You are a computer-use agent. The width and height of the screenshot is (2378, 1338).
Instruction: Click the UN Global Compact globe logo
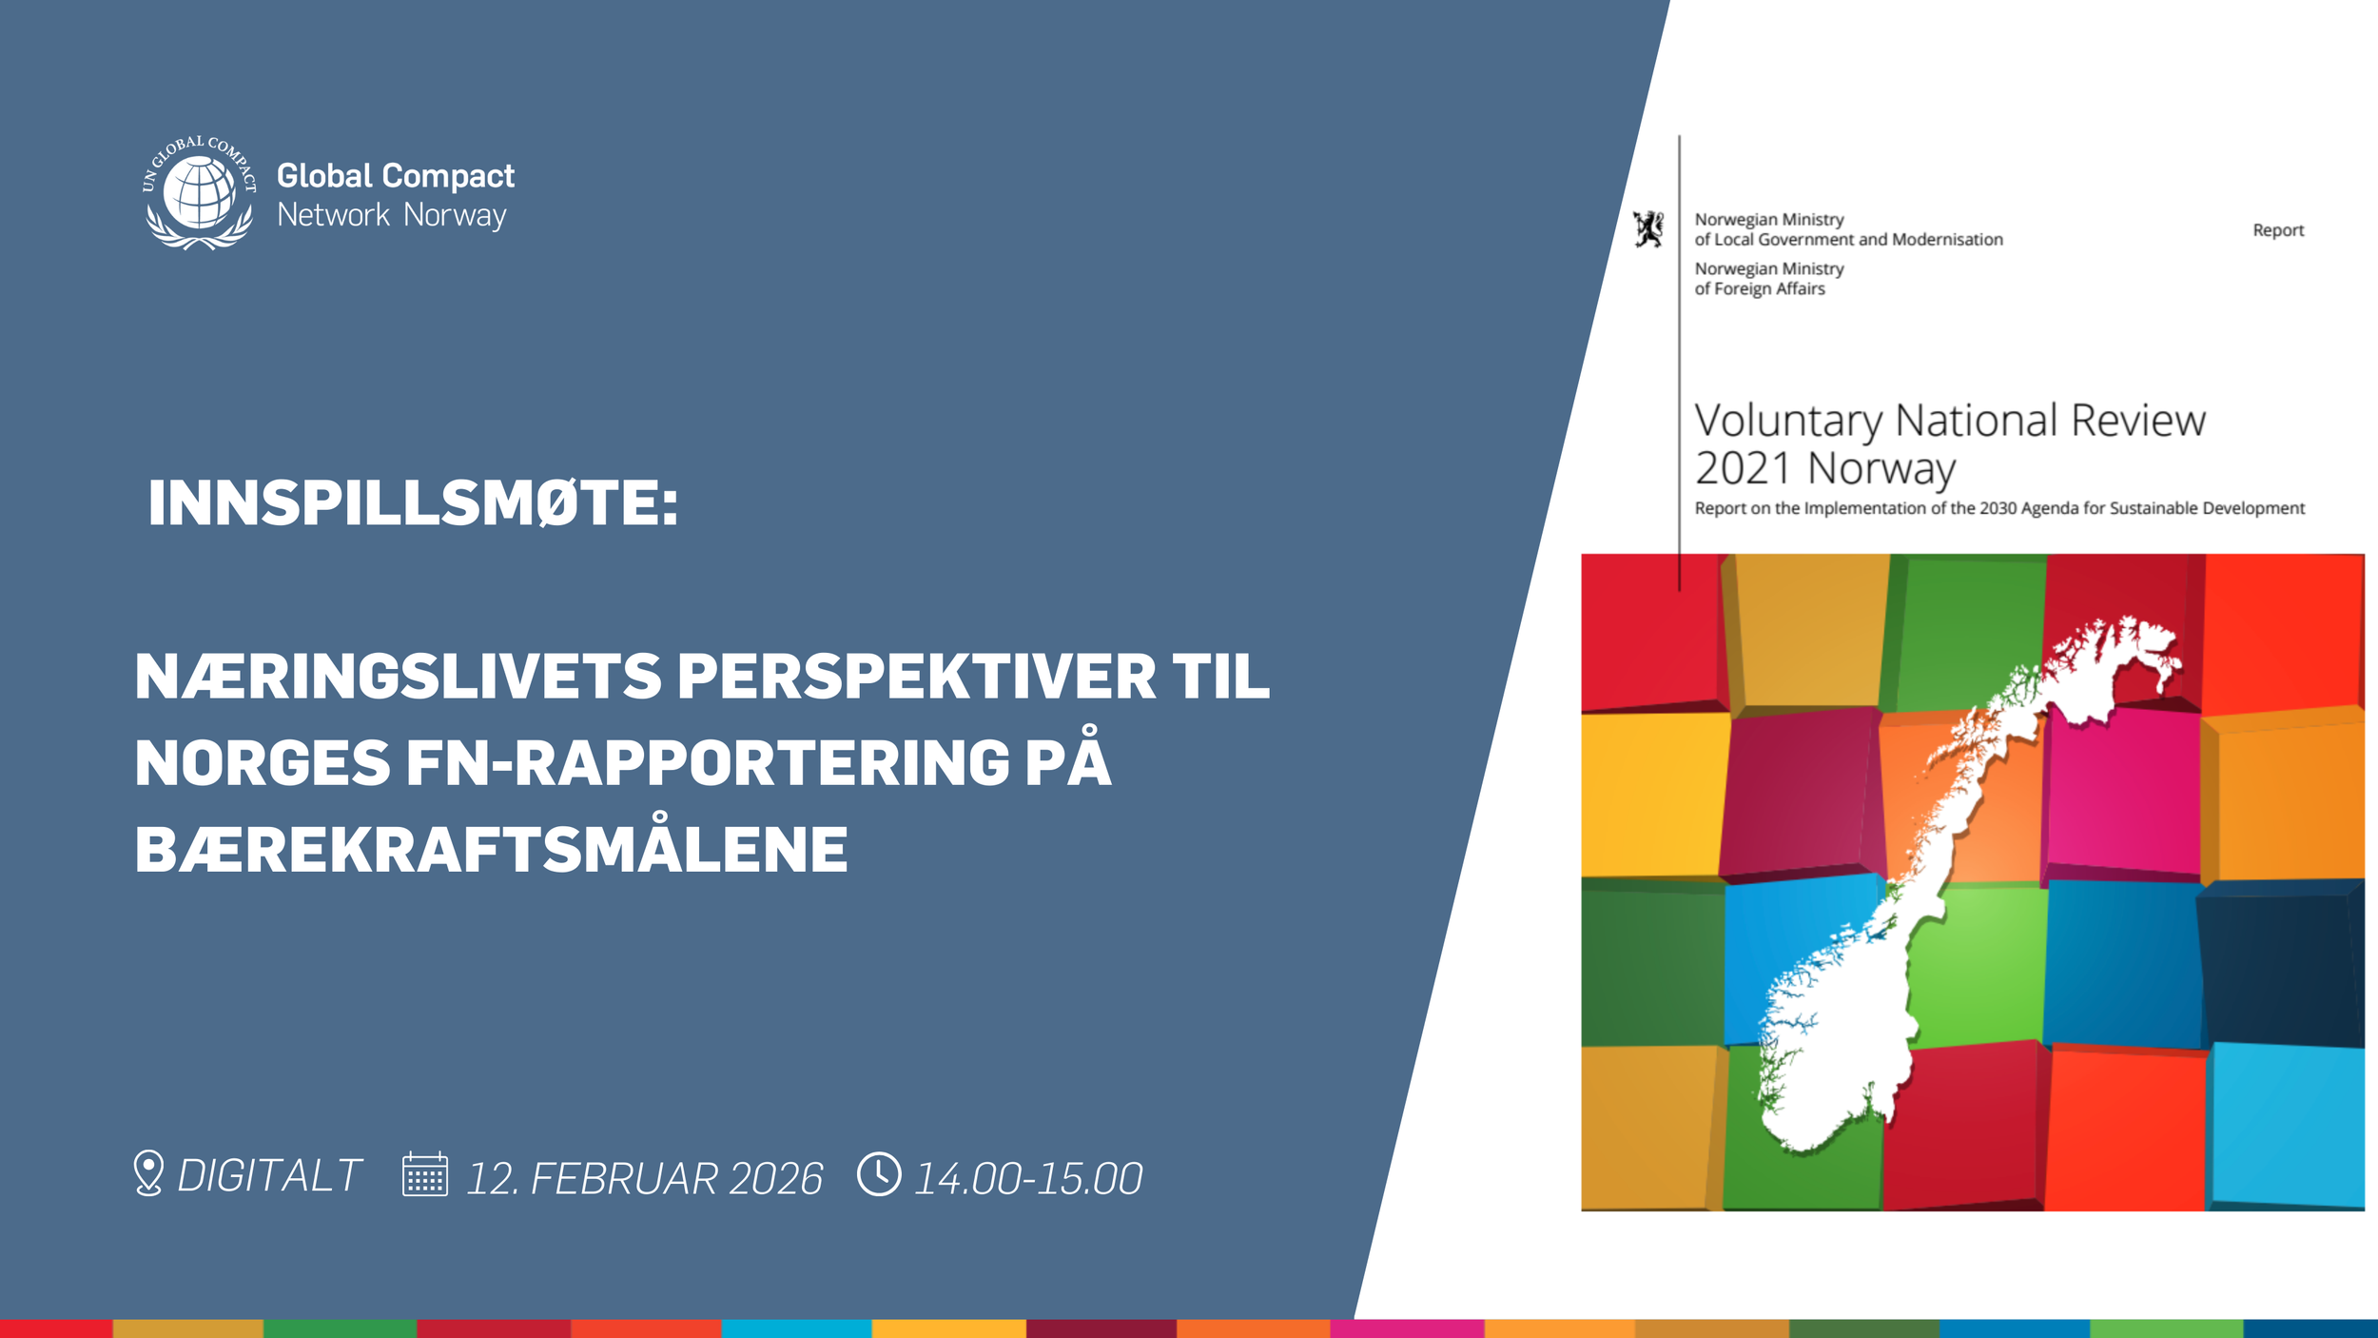click(200, 193)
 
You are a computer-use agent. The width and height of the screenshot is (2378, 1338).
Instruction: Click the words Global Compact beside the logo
click(395, 176)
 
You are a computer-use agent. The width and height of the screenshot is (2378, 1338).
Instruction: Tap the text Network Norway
click(391, 215)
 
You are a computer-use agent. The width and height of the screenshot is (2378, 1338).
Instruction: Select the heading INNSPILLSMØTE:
click(413, 502)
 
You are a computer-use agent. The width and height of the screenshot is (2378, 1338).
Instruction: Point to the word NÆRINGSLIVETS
click(398, 677)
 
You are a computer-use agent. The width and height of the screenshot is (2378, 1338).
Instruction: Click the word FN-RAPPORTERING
click(707, 763)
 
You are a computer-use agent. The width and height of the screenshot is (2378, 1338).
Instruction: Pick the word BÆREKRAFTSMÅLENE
click(491, 850)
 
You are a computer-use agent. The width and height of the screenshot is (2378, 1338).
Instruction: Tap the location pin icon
click(148, 1172)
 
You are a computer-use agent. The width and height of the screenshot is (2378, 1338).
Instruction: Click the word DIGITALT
click(269, 1176)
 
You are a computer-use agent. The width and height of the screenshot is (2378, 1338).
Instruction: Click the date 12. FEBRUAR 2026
click(644, 1178)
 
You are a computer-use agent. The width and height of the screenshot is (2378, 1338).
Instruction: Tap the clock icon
click(879, 1174)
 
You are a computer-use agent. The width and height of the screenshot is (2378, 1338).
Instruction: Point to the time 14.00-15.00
click(1027, 1179)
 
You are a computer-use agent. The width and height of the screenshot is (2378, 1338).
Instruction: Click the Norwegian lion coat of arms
click(1648, 229)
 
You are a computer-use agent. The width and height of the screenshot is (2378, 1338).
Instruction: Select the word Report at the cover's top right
click(2277, 230)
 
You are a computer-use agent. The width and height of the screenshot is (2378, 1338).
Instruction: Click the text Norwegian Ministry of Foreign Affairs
click(1768, 279)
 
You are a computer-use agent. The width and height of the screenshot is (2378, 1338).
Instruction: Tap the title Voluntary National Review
click(1949, 421)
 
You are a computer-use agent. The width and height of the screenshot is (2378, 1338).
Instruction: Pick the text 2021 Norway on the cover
click(1824, 468)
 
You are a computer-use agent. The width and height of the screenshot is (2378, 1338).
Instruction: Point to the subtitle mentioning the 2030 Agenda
click(1998, 508)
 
